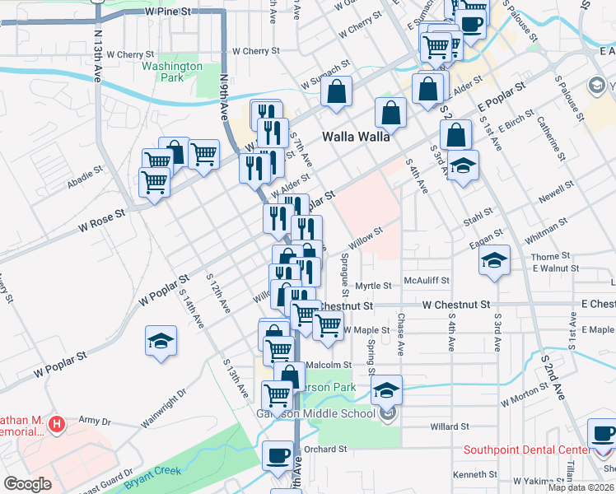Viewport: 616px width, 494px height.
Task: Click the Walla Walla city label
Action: coord(356,137)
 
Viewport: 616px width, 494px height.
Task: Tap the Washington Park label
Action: coord(172,72)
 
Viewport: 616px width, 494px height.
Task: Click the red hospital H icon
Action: coord(57,425)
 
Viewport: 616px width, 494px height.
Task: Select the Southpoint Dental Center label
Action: coord(526,450)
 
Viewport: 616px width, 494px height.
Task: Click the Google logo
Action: coord(27,484)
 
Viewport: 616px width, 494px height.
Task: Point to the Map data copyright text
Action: coord(581,487)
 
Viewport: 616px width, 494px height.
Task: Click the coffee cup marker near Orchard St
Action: coord(278,454)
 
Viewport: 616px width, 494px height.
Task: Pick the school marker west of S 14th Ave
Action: coord(161,341)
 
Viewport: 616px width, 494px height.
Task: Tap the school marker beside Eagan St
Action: coord(495,261)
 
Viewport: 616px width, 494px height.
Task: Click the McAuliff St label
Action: coord(427,281)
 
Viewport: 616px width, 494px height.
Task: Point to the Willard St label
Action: coord(450,427)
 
